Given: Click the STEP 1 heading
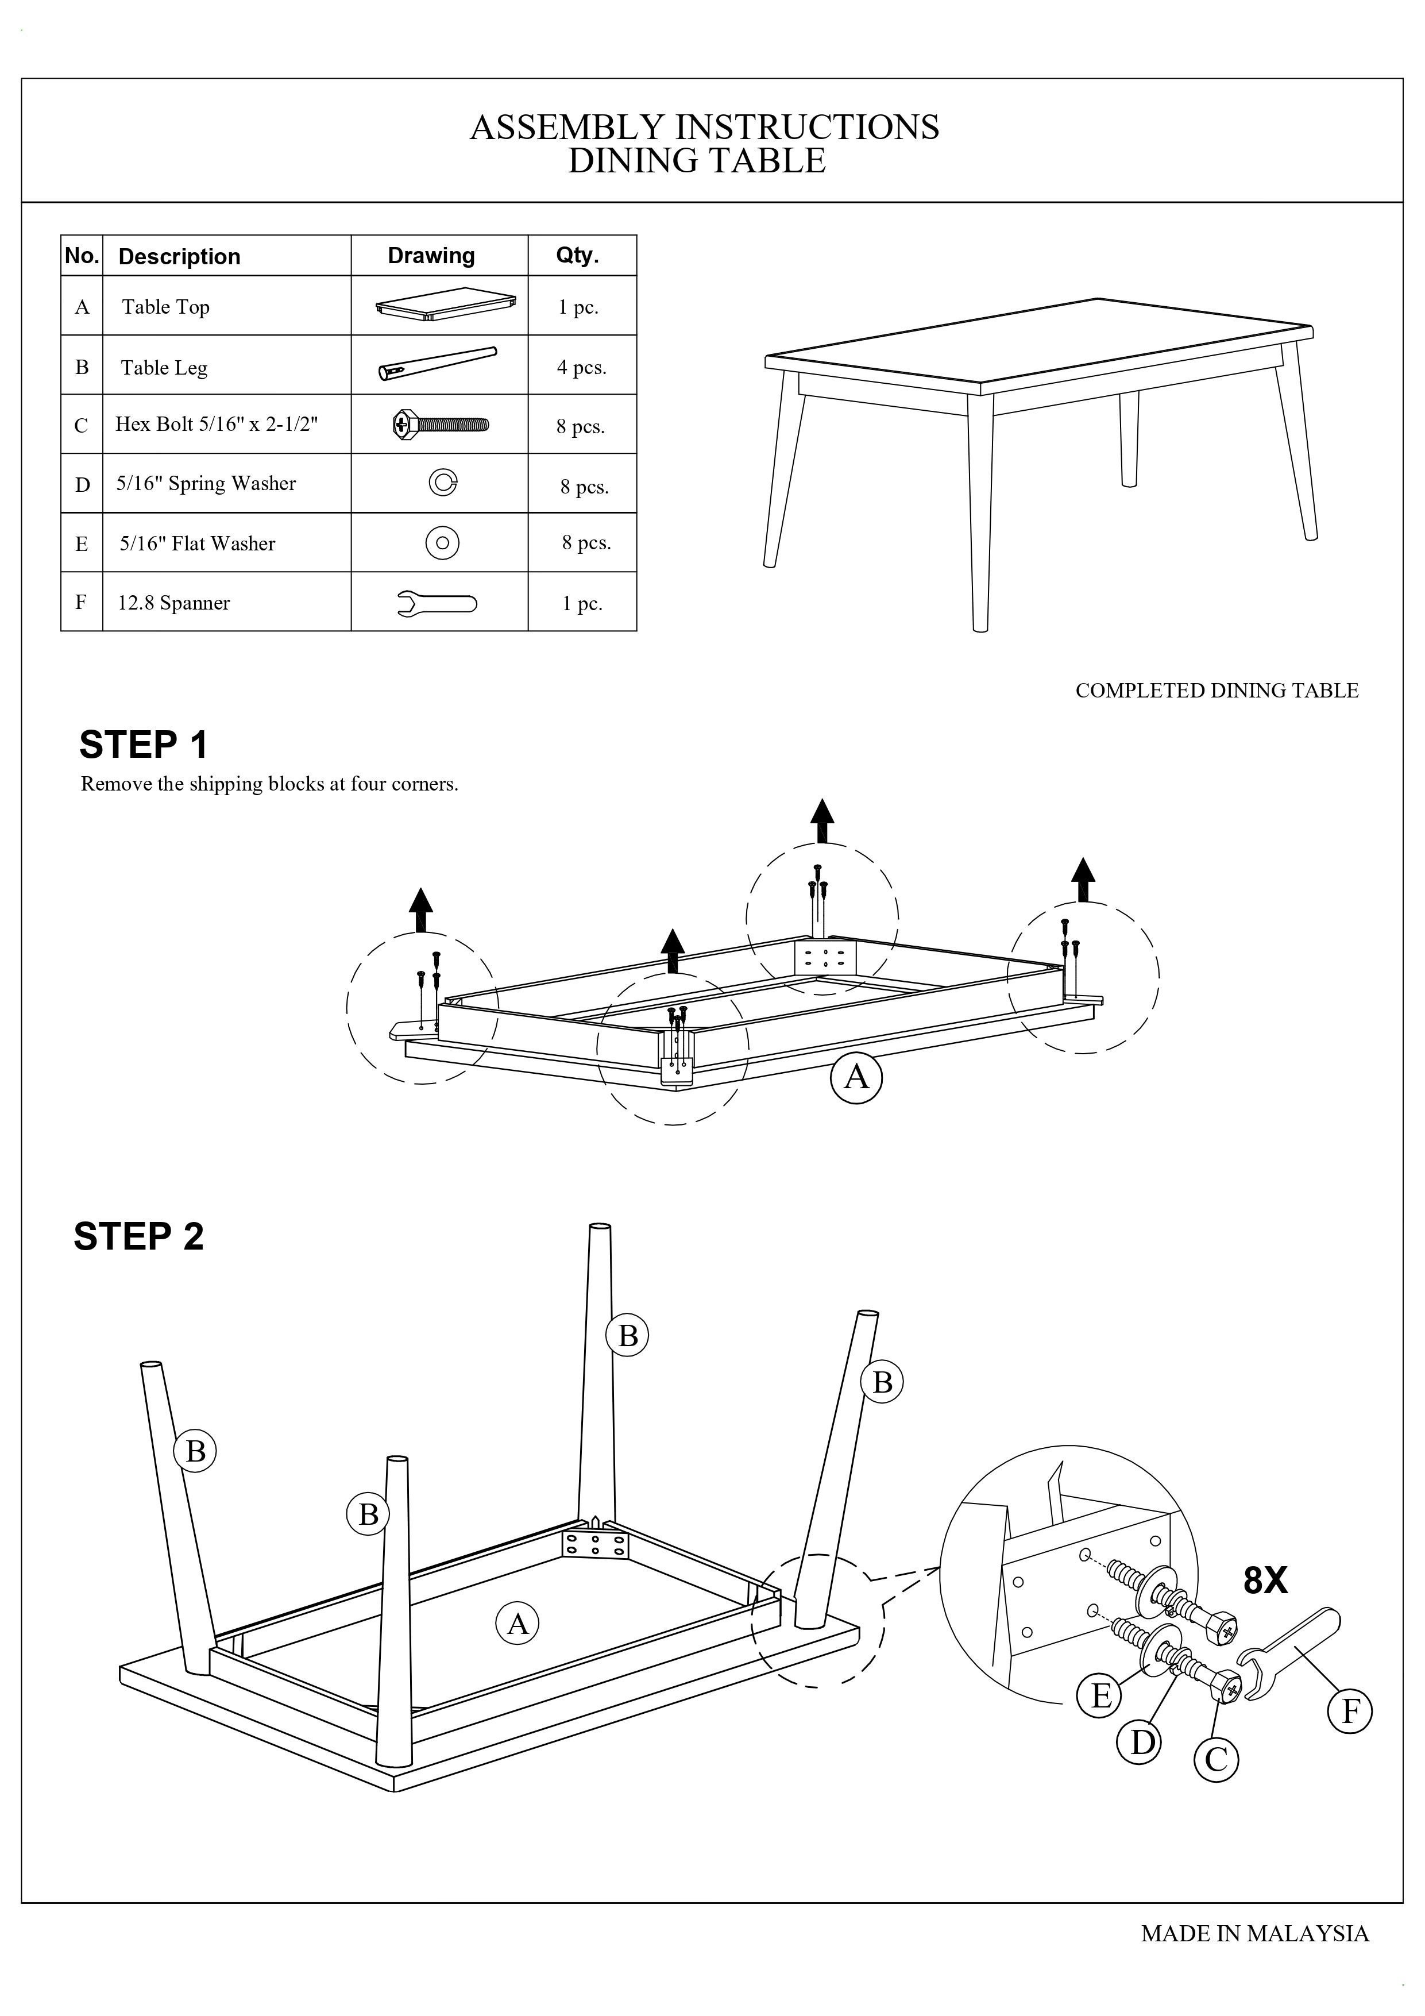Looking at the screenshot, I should pos(143,746).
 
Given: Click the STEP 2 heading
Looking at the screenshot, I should pos(139,1237).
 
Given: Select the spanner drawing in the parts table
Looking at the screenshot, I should pos(437,603).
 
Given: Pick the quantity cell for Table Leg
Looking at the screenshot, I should pos(581,367).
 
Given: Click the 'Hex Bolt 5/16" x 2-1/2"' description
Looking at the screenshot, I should pos(216,424).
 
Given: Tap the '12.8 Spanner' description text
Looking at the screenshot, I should pos(174,603).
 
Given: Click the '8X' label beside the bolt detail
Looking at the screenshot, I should pos(1265,1581).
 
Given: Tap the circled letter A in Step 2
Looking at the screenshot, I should pos(518,1624).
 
